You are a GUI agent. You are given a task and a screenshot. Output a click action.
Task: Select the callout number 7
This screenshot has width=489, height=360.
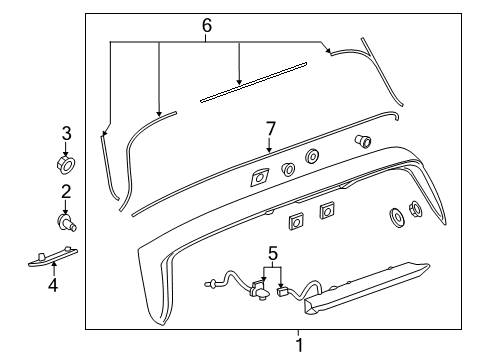(x=270, y=128)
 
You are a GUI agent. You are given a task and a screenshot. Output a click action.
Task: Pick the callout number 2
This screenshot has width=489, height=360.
(x=67, y=192)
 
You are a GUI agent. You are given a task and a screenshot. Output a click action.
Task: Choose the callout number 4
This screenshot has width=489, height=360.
(x=55, y=285)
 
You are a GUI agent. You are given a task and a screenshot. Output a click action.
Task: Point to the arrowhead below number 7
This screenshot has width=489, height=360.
(x=269, y=150)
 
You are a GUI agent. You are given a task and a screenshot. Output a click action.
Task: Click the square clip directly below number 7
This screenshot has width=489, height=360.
(x=259, y=178)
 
